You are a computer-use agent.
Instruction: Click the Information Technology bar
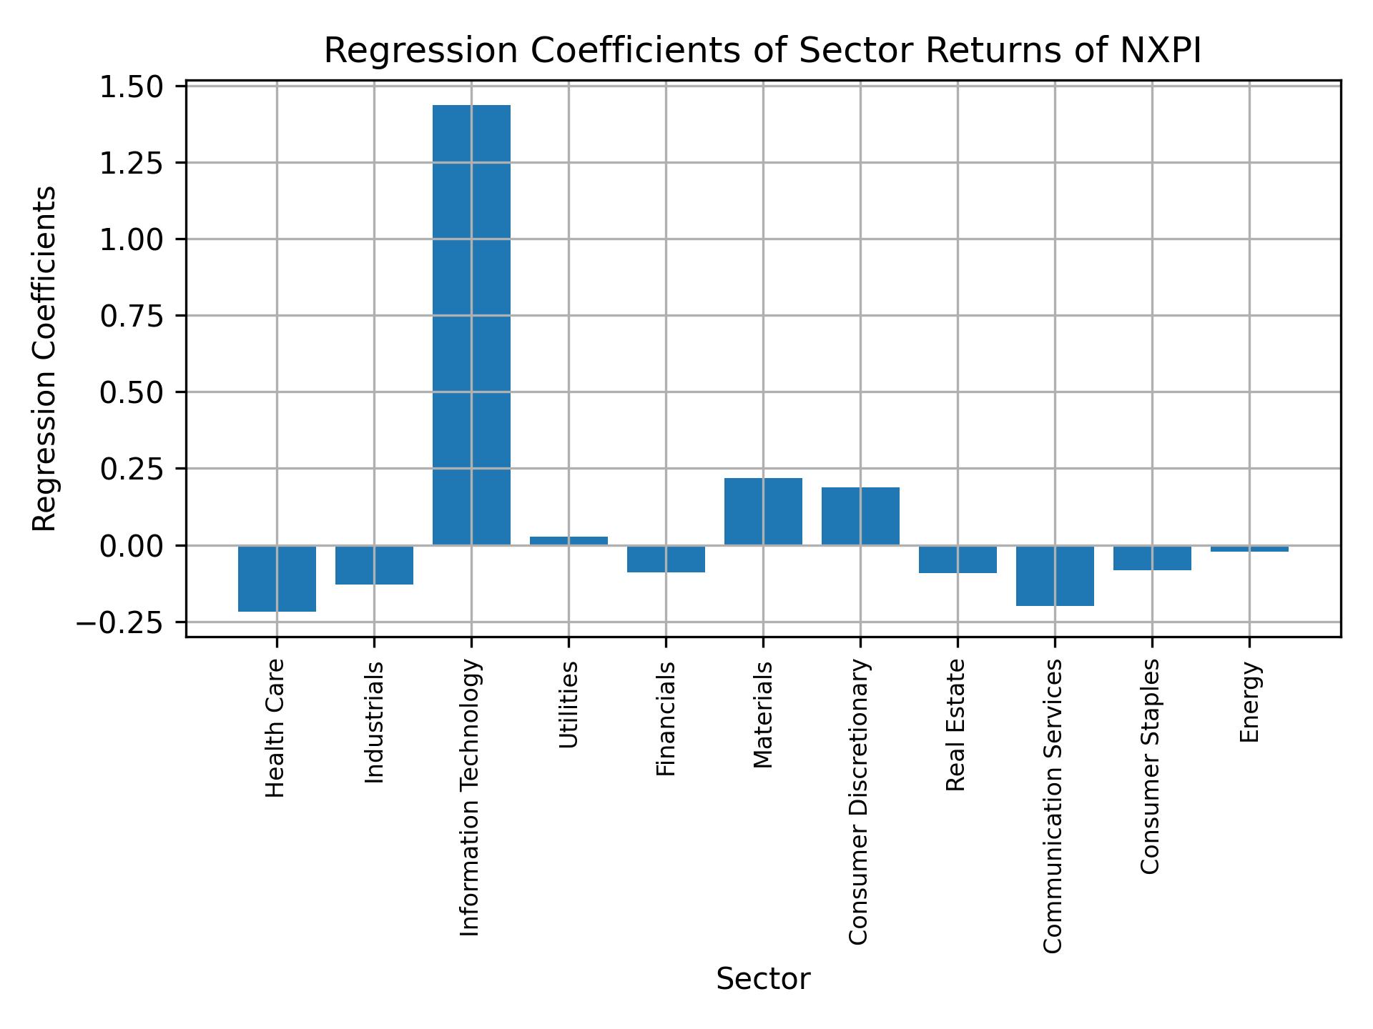(471, 325)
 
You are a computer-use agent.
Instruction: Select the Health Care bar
(277, 579)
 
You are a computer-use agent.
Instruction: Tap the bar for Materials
(763, 512)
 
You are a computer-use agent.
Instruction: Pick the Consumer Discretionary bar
(860, 516)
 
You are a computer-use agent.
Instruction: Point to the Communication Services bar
(1055, 576)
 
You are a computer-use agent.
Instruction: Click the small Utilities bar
(569, 541)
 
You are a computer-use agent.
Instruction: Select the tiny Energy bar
(1249, 549)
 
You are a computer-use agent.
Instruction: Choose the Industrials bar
(374, 565)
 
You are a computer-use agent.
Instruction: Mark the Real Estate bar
(958, 560)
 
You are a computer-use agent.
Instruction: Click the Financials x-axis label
(666, 718)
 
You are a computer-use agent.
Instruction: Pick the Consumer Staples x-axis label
(1150, 766)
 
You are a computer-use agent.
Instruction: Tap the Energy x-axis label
(1249, 702)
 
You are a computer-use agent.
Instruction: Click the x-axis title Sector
(763, 980)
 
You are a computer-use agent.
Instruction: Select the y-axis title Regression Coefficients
(45, 359)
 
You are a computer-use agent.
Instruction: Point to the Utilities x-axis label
(569, 705)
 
